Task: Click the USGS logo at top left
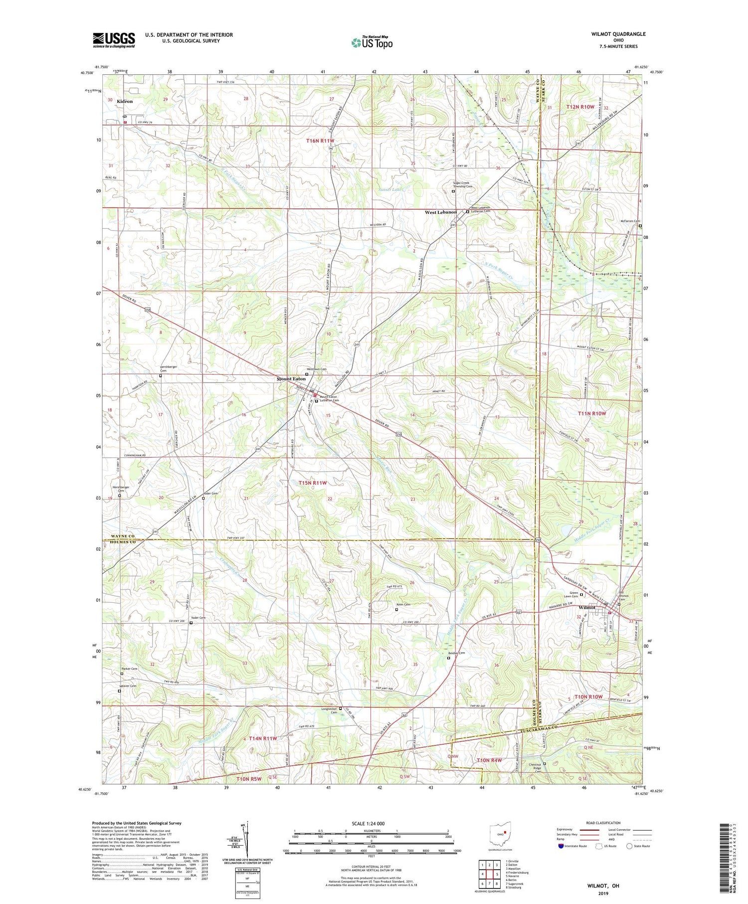click(x=114, y=40)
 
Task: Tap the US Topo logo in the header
click(x=372, y=42)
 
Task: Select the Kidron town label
click(x=125, y=101)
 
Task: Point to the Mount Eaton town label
click(x=291, y=379)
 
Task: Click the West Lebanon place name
click(x=440, y=212)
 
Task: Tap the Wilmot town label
click(x=587, y=608)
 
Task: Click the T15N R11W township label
click(x=313, y=483)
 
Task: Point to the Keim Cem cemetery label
click(x=403, y=605)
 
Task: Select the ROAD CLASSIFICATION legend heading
click(x=603, y=823)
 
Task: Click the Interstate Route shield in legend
click(x=561, y=846)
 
